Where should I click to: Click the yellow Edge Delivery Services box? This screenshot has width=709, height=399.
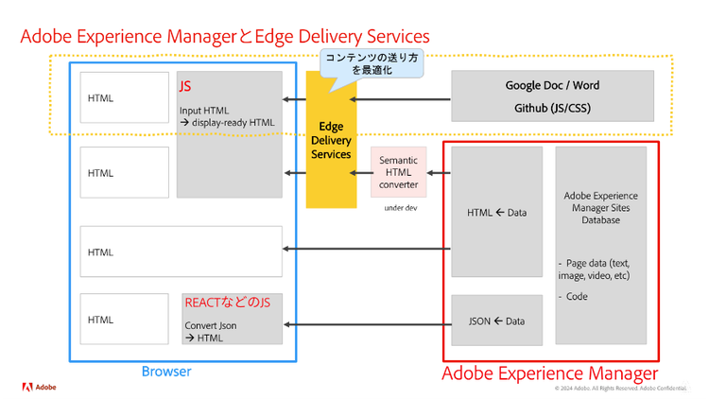pyautogui.click(x=330, y=142)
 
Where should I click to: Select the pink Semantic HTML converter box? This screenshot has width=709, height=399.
pyautogui.click(x=398, y=172)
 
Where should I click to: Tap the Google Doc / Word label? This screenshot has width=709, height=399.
pyautogui.click(x=552, y=85)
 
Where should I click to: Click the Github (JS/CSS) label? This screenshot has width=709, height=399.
pyautogui.click(x=552, y=108)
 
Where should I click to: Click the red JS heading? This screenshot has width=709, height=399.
pyautogui.click(x=185, y=87)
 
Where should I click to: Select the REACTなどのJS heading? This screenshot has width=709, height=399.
pyautogui.click(x=233, y=303)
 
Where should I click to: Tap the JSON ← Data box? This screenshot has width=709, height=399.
pyautogui.click(x=497, y=321)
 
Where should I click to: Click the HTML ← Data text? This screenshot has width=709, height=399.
pyautogui.click(x=497, y=213)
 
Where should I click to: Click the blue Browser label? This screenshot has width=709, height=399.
pyautogui.click(x=166, y=372)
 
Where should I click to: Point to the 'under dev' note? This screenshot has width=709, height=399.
pyautogui.click(x=400, y=207)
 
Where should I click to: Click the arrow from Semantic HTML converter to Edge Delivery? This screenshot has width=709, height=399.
pyautogui.click(x=362, y=173)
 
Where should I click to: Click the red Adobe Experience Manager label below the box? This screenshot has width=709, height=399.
pyautogui.click(x=550, y=373)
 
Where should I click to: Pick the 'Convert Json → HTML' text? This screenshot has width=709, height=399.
pyautogui.click(x=210, y=332)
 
